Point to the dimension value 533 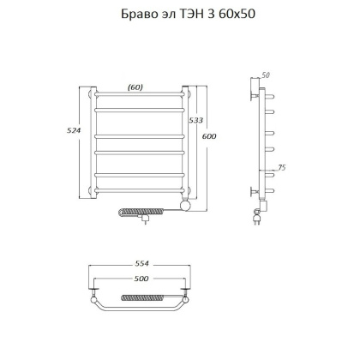click(x=195, y=123)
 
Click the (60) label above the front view click(x=135, y=87)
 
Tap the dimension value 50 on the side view click(x=266, y=76)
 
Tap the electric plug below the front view click(x=145, y=220)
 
